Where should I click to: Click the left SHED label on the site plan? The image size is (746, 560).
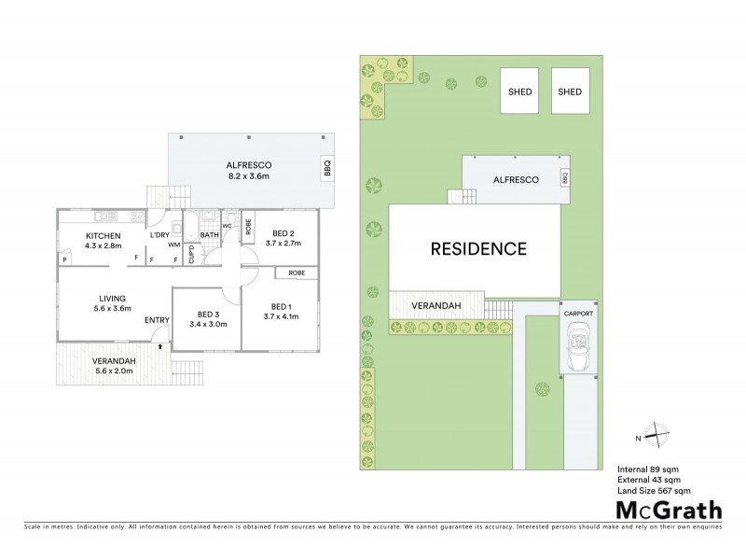click(x=518, y=91)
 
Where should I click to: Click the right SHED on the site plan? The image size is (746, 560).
click(x=570, y=91)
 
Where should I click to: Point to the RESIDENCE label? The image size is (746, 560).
click(x=478, y=249)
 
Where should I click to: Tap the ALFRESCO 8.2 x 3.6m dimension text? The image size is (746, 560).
click(x=248, y=175)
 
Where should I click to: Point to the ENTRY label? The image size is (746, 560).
click(x=158, y=322)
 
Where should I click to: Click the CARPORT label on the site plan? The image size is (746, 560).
click(x=577, y=315)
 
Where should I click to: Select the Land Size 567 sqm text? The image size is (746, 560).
click(x=655, y=490)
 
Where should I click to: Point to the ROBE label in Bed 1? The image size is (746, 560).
click(x=297, y=273)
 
